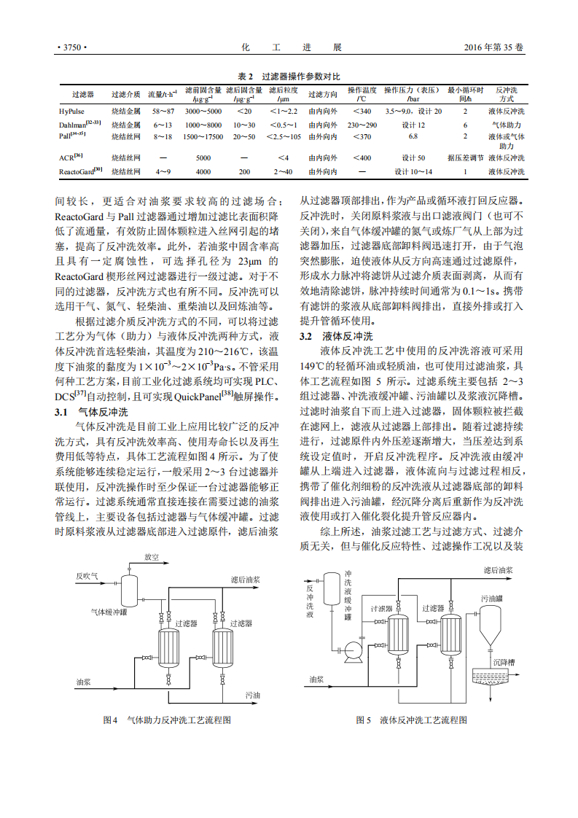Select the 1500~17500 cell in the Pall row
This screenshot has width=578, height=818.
[x=203, y=136]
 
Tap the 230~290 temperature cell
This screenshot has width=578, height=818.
[x=362, y=125]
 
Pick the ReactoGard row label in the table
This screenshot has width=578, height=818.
[x=80, y=171]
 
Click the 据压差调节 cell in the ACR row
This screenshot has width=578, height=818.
[x=466, y=157]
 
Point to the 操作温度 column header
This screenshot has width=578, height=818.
[x=362, y=94]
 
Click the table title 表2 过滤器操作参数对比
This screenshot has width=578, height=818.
[x=289, y=77]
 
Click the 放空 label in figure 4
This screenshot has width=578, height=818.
[x=152, y=557]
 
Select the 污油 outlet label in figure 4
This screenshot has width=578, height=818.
[x=252, y=695]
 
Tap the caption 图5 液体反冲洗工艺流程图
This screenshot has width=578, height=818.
[x=411, y=720]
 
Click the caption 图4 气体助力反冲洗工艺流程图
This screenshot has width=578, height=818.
[x=168, y=720]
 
